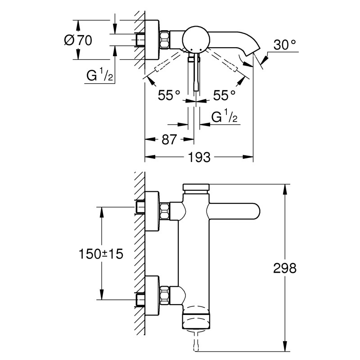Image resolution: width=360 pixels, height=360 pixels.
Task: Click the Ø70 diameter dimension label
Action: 79,40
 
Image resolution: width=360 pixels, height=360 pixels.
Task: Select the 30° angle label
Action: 285,45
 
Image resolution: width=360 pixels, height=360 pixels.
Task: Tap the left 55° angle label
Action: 169,95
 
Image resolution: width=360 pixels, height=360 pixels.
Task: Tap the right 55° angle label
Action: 224,95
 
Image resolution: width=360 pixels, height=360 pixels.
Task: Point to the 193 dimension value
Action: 199,157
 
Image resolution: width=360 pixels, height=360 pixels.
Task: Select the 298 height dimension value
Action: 285,269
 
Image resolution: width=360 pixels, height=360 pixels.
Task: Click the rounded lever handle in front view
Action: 234,211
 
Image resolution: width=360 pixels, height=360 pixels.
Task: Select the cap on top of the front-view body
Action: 196,187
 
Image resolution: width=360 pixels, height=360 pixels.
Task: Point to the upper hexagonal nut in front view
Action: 165,211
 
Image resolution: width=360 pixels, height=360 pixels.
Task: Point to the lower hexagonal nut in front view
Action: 165,294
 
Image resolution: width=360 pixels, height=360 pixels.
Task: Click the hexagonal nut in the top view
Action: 164,39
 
